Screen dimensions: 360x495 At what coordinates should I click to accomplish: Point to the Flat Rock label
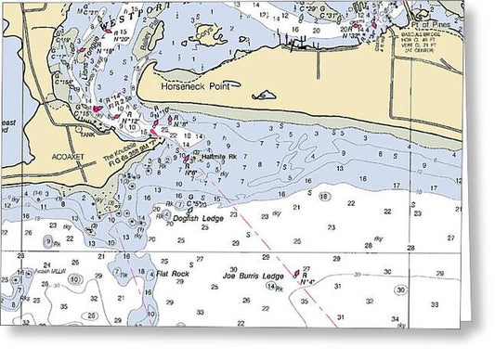[x=173, y=275]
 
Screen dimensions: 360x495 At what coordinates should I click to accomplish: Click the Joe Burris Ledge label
[x=252, y=276]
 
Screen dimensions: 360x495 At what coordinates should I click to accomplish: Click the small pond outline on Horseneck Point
[x=265, y=95]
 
